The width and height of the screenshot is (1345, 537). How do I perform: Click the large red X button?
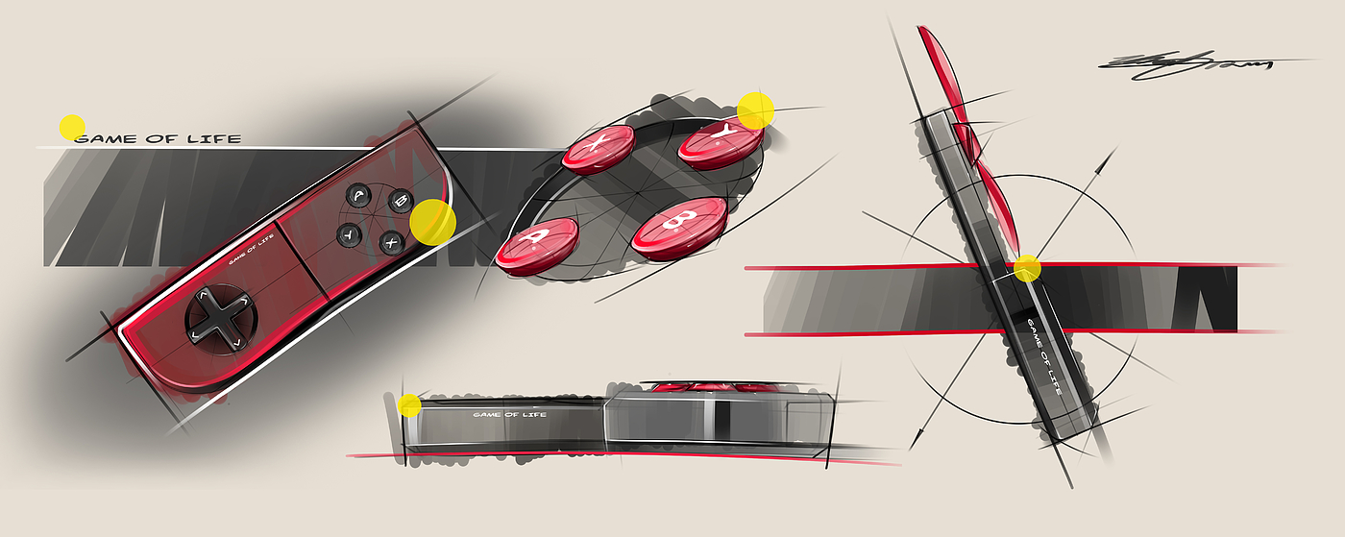[598, 150]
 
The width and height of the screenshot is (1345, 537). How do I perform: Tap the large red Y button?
[720, 144]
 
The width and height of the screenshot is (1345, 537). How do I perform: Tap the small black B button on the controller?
[400, 203]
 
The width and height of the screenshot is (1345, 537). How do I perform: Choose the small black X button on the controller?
[391, 242]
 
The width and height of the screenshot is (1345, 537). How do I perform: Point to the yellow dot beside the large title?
[72, 127]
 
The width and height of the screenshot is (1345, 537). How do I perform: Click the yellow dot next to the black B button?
[432, 222]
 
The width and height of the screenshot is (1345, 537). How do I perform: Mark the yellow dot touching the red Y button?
[756, 110]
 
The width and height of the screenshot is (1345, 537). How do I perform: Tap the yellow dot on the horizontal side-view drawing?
[409, 404]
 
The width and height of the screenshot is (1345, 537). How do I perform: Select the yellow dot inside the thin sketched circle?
[1027, 268]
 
